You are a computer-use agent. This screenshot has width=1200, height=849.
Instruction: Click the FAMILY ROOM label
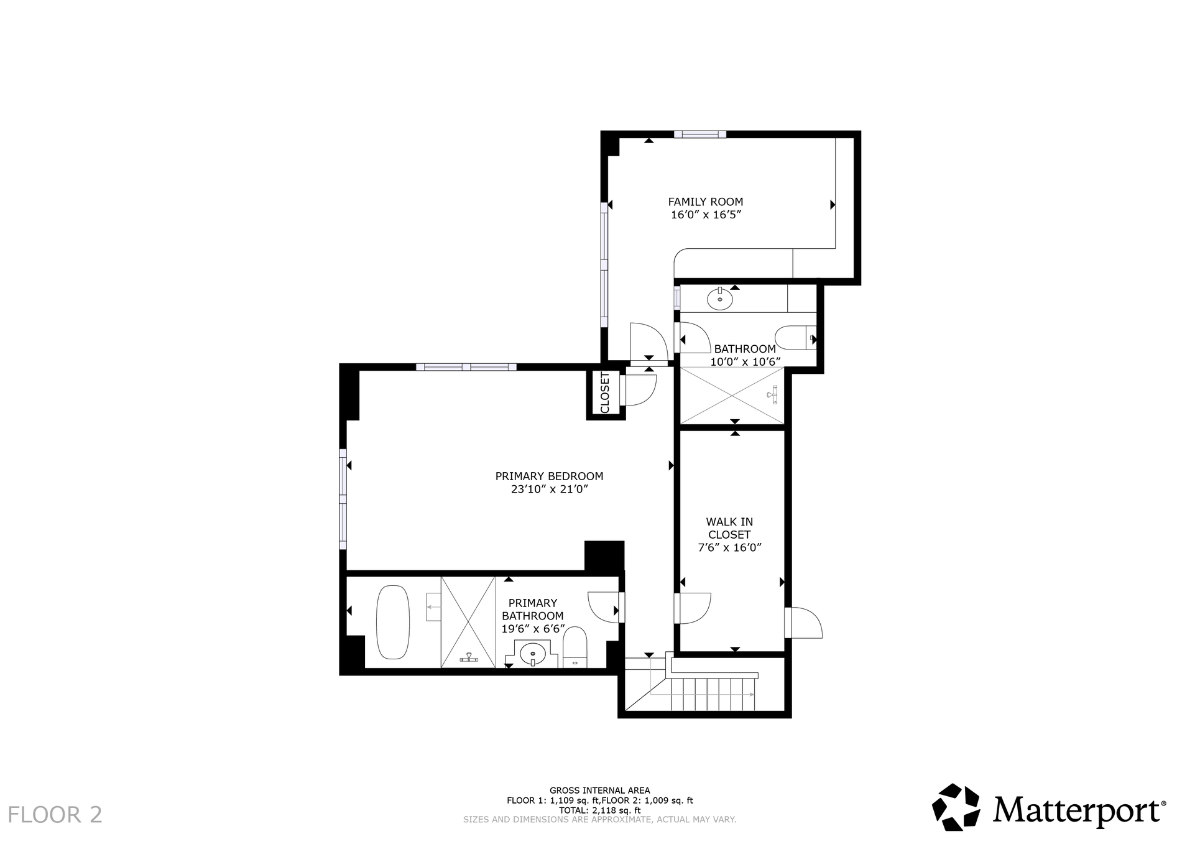[x=705, y=202]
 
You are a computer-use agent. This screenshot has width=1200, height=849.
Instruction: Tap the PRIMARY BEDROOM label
[x=549, y=476]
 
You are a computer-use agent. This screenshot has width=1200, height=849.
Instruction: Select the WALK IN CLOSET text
[x=729, y=528]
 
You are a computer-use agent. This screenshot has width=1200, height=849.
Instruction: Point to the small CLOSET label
[x=605, y=392]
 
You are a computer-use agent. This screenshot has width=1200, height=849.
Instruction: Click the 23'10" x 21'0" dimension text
[x=549, y=489]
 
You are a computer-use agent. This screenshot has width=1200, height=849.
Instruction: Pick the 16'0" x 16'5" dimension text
[x=706, y=215]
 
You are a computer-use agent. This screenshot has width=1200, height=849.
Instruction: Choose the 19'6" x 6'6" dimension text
[x=533, y=629]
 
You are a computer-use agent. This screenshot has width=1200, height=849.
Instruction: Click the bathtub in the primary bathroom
[x=393, y=622]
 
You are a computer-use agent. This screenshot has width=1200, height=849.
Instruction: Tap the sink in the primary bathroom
[x=533, y=654]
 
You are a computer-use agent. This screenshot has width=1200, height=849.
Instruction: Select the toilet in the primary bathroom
[x=575, y=647]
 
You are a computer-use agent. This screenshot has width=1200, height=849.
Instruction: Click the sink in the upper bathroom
[x=720, y=299]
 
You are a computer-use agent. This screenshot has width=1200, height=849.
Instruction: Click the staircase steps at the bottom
[x=713, y=695]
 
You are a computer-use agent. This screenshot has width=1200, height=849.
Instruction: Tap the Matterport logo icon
[x=956, y=807]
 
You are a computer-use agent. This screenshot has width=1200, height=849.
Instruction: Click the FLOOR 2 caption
[x=55, y=815]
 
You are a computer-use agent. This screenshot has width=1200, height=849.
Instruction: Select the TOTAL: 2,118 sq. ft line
[x=599, y=810]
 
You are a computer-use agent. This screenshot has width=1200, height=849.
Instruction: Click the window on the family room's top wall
[x=700, y=134]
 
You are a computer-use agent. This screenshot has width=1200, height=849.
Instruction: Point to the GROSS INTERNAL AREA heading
[x=599, y=791]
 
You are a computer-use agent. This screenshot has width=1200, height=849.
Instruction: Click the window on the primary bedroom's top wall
[x=466, y=367]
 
